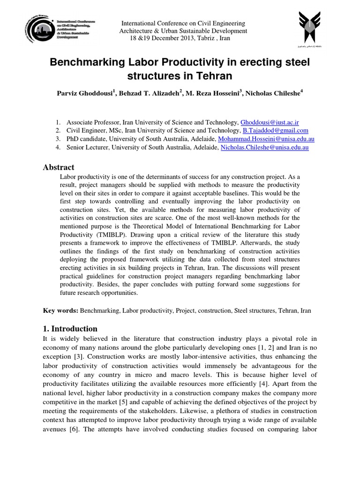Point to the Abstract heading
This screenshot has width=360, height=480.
[x=59, y=167]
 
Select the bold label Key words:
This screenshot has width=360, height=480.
[x=61, y=311]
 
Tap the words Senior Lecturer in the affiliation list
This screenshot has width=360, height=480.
[x=87, y=148]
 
